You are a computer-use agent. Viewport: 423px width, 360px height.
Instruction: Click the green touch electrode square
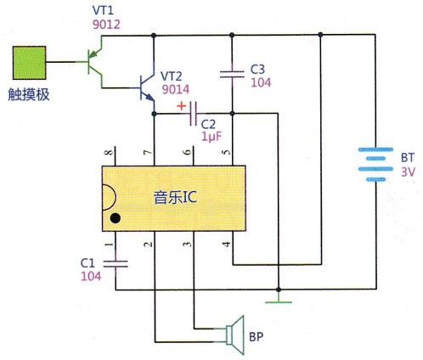[x=29, y=63]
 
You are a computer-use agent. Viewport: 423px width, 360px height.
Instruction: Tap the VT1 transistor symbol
[x=94, y=62]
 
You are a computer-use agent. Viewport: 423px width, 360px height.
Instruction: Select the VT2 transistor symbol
[x=147, y=87]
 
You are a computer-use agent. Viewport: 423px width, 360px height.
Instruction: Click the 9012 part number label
[x=106, y=25]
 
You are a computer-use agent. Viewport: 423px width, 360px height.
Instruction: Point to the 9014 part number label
[x=176, y=89]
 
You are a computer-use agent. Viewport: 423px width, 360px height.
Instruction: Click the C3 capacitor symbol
[x=232, y=75]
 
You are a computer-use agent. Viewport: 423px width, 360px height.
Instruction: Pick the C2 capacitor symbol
[x=194, y=114]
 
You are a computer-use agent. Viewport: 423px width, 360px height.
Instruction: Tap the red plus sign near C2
[x=181, y=106]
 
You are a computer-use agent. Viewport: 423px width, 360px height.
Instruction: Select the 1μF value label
[x=211, y=137]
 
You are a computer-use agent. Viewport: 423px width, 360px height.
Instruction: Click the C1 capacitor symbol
[x=116, y=264]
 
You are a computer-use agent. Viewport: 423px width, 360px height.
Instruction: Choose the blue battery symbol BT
[x=375, y=164]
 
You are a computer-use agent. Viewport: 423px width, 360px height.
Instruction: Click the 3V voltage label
[x=408, y=172]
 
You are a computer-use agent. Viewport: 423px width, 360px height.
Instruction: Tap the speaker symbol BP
[x=235, y=335]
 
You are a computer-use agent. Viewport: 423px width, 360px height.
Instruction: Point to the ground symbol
[x=279, y=299]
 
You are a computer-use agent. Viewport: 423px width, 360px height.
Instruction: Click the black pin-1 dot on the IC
[x=116, y=218]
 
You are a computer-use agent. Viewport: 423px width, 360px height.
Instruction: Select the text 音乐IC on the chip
[x=175, y=197]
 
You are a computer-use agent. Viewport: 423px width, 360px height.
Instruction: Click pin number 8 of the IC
[x=109, y=153]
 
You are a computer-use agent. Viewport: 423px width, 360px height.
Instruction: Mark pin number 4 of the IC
[x=227, y=244]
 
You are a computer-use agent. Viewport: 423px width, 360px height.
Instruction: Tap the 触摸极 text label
[x=29, y=94]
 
